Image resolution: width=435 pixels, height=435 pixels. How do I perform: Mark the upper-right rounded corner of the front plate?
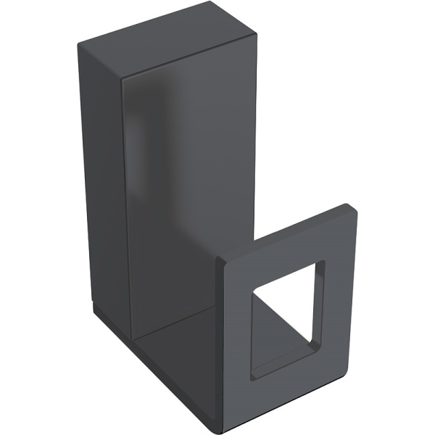pyautogui.click(x=354, y=210)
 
